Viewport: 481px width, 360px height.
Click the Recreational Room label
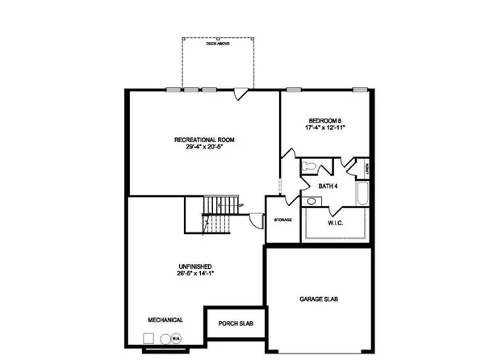(x=203, y=140)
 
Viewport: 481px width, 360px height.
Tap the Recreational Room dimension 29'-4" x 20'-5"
(x=203, y=148)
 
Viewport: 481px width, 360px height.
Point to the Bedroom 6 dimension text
(x=325, y=128)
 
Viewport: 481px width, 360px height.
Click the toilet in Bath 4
(x=309, y=165)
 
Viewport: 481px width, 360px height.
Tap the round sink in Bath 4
(x=311, y=201)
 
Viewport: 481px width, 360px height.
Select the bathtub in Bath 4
(x=362, y=196)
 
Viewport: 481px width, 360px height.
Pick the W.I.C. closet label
(x=337, y=222)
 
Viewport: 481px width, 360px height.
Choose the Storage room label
(x=282, y=219)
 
